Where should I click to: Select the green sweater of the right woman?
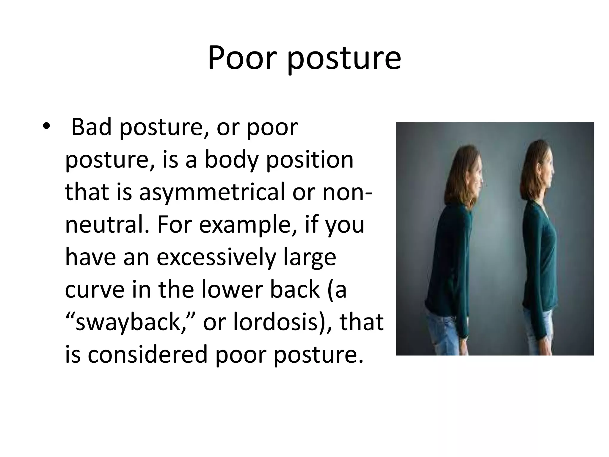[x=538, y=256]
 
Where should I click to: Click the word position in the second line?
[x=309, y=160]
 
